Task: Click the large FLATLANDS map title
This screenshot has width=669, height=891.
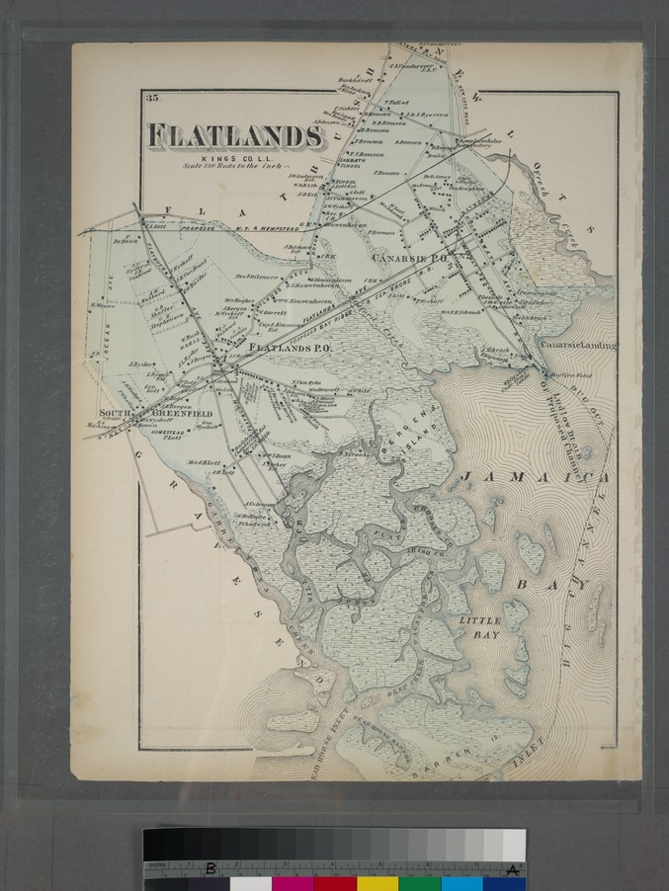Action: pos(234,136)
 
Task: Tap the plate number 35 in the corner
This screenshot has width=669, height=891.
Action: pos(151,98)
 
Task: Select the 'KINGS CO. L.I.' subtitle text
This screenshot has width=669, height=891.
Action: pos(228,158)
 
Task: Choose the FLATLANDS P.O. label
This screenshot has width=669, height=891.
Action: pos(289,349)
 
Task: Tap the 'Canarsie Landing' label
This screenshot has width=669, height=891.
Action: pos(577,345)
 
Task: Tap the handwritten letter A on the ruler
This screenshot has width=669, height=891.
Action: pos(512,869)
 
